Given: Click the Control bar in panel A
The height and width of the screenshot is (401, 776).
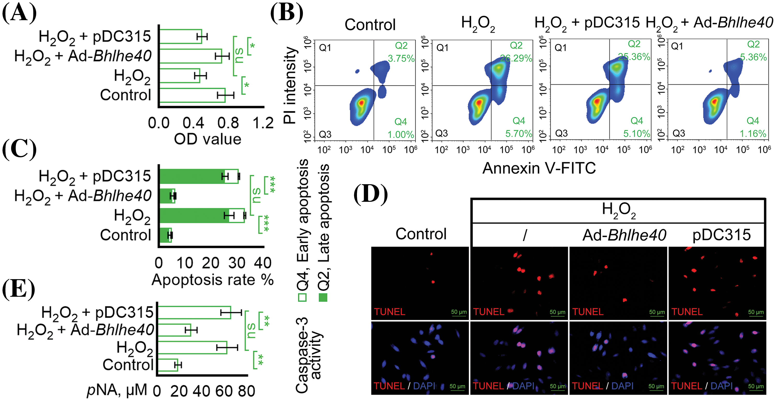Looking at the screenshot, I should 192,95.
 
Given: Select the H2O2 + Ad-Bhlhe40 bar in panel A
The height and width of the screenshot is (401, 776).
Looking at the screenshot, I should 190,56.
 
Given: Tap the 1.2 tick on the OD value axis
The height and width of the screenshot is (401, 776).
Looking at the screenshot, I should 263,123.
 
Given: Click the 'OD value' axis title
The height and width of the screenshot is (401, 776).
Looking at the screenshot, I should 207,139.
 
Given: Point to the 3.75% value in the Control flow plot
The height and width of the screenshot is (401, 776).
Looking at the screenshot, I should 401,58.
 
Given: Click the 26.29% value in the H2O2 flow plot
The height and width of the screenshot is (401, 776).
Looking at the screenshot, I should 516,58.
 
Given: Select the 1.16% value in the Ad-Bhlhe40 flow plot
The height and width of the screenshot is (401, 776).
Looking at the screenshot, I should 753,133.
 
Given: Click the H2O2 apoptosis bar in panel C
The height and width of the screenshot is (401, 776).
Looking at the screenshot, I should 202,216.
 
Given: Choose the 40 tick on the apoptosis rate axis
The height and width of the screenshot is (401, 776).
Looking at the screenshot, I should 263,263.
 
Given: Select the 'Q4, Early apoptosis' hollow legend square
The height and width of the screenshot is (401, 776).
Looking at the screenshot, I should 302,298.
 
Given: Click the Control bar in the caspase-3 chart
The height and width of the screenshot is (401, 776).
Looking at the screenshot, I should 168,365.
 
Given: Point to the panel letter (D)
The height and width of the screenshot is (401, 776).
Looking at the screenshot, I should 370,195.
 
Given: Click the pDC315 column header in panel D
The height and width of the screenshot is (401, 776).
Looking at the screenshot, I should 721,235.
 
